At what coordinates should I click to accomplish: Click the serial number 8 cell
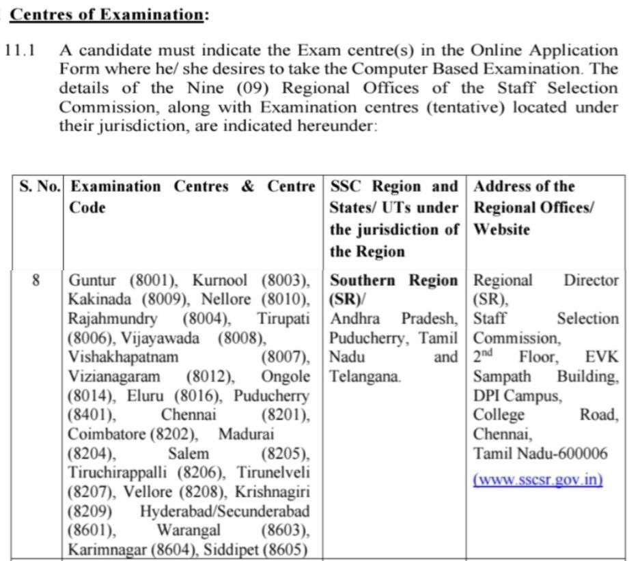pyautogui.click(x=37, y=280)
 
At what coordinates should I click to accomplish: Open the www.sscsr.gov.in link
pyautogui.click(x=538, y=479)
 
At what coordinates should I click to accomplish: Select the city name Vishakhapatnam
pyautogui.click(x=123, y=357)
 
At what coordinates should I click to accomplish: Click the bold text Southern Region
pyautogui.click(x=394, y=280)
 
